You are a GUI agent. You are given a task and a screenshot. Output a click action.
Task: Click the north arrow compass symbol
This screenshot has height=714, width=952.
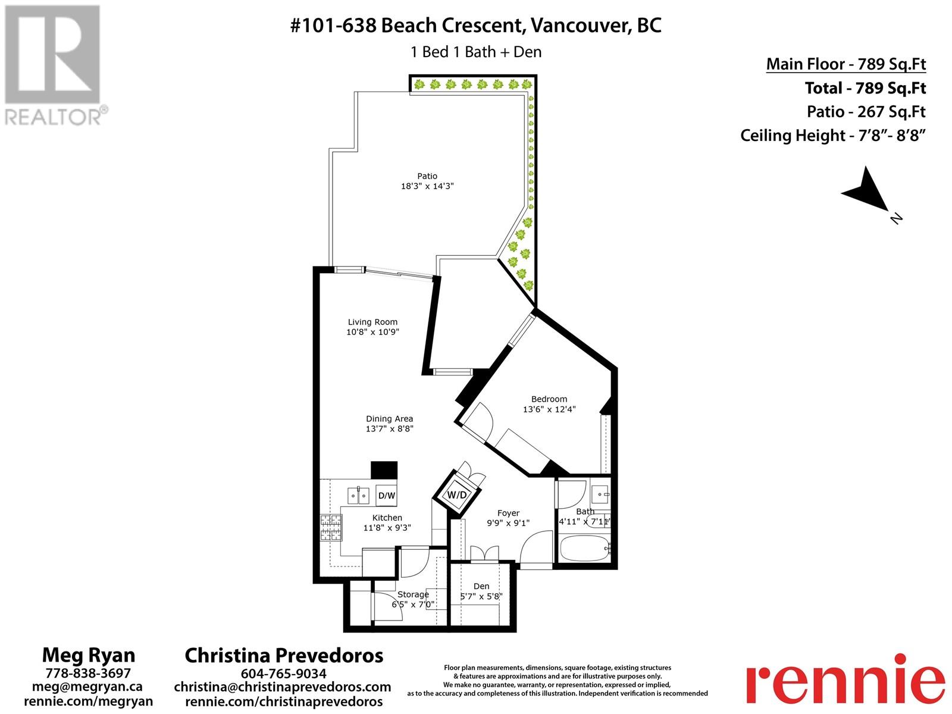click(868, 193)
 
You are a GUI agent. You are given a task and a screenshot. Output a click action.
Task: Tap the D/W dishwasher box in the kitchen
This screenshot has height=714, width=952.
click(386, 495)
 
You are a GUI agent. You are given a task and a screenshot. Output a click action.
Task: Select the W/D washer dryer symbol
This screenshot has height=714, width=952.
click(457, 494)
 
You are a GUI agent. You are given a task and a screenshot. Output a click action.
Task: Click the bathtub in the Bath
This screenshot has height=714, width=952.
click(585, 549)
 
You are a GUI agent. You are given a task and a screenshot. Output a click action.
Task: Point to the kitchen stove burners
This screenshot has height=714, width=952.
click(331, 527)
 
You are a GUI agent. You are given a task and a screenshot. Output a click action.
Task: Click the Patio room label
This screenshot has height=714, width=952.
click(427, 176)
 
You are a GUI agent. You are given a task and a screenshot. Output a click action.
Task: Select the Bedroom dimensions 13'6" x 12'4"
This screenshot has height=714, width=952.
click(549, 409)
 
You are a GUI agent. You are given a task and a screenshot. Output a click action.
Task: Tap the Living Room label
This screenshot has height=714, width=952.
click(372, 322)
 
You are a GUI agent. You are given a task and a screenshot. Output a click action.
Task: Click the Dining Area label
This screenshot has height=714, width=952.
click(390, 418)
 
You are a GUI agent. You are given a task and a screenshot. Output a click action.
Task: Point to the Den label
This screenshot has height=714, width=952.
click(481, 586)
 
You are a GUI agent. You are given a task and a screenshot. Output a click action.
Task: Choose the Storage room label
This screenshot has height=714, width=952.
click(413, 594)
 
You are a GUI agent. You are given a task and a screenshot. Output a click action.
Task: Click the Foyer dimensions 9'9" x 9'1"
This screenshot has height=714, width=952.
click(508, 523)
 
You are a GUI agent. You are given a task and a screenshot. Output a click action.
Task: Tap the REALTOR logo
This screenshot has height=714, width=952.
click(54, 65)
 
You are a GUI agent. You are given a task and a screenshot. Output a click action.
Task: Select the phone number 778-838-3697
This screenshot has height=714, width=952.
click(88, 673)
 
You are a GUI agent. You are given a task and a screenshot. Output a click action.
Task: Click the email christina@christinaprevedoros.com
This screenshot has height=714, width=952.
click(283, 687)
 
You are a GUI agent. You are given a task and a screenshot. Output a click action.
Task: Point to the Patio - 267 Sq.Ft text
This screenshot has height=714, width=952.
click(866, 112)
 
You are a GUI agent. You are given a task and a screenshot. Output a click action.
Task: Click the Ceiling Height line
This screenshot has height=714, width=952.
click(833, 136)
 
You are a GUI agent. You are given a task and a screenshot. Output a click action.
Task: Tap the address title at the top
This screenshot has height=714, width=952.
click(476, 26)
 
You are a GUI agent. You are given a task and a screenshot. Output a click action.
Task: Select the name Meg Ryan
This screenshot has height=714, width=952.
click(89, 656)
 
